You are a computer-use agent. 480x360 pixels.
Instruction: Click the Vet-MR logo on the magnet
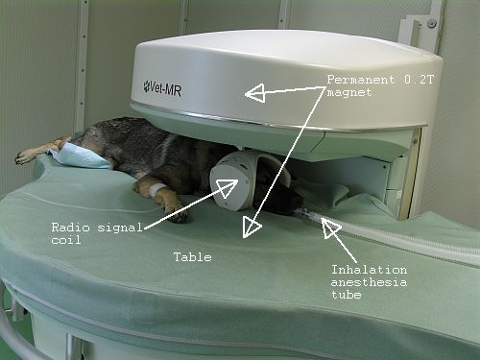162,88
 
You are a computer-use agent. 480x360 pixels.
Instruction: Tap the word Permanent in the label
361,80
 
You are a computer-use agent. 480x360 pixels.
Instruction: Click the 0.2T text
419,80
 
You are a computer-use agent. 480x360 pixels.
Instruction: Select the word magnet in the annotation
349,92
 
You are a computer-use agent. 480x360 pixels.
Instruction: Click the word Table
193,257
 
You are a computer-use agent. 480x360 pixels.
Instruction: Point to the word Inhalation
369,270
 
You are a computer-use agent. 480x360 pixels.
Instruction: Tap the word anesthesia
369,282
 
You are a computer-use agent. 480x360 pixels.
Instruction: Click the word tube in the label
347,295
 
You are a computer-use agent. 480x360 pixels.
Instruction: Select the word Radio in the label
70,228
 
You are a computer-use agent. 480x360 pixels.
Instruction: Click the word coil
66,240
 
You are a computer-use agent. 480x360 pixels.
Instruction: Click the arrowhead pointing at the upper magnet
255,93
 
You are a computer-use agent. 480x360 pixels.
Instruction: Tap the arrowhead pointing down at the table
252,227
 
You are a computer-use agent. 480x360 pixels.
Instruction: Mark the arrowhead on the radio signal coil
228,186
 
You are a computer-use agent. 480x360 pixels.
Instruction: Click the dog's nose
299,203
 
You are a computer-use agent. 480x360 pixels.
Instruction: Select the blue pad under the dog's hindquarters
80,155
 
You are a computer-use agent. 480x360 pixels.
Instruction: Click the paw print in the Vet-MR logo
146,85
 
